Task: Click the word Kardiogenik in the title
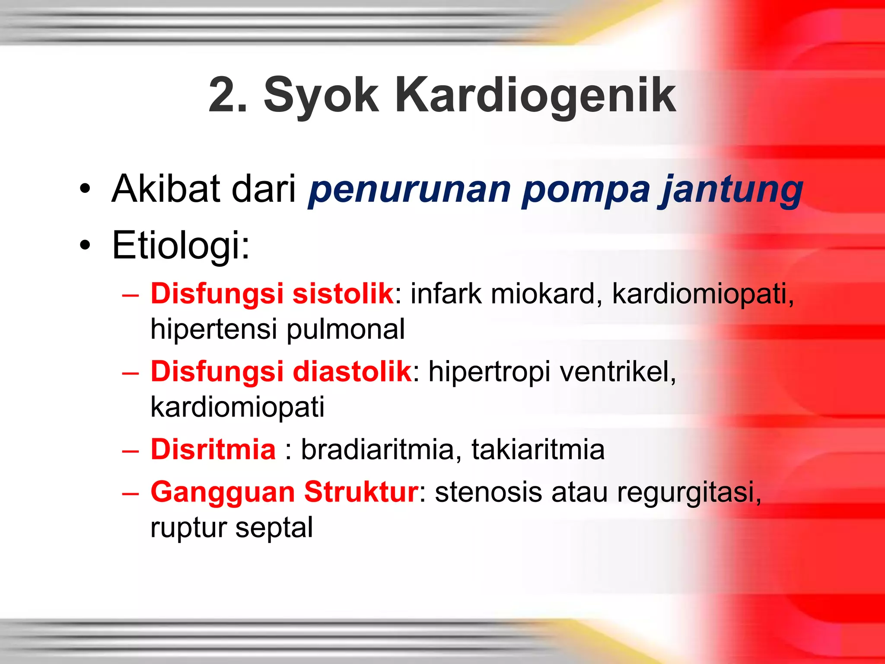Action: [535, 96]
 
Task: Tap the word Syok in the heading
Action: [321, 96]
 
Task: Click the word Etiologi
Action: [180, 246]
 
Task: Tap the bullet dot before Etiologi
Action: [85, 246]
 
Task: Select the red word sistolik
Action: [343, 294]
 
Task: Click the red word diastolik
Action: [352, 371]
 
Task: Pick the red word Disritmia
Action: [213, 449]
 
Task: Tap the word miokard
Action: [546, 294]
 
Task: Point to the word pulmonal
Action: [346, 329]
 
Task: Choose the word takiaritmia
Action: [538, 450]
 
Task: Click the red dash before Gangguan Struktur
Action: [130, 493]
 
